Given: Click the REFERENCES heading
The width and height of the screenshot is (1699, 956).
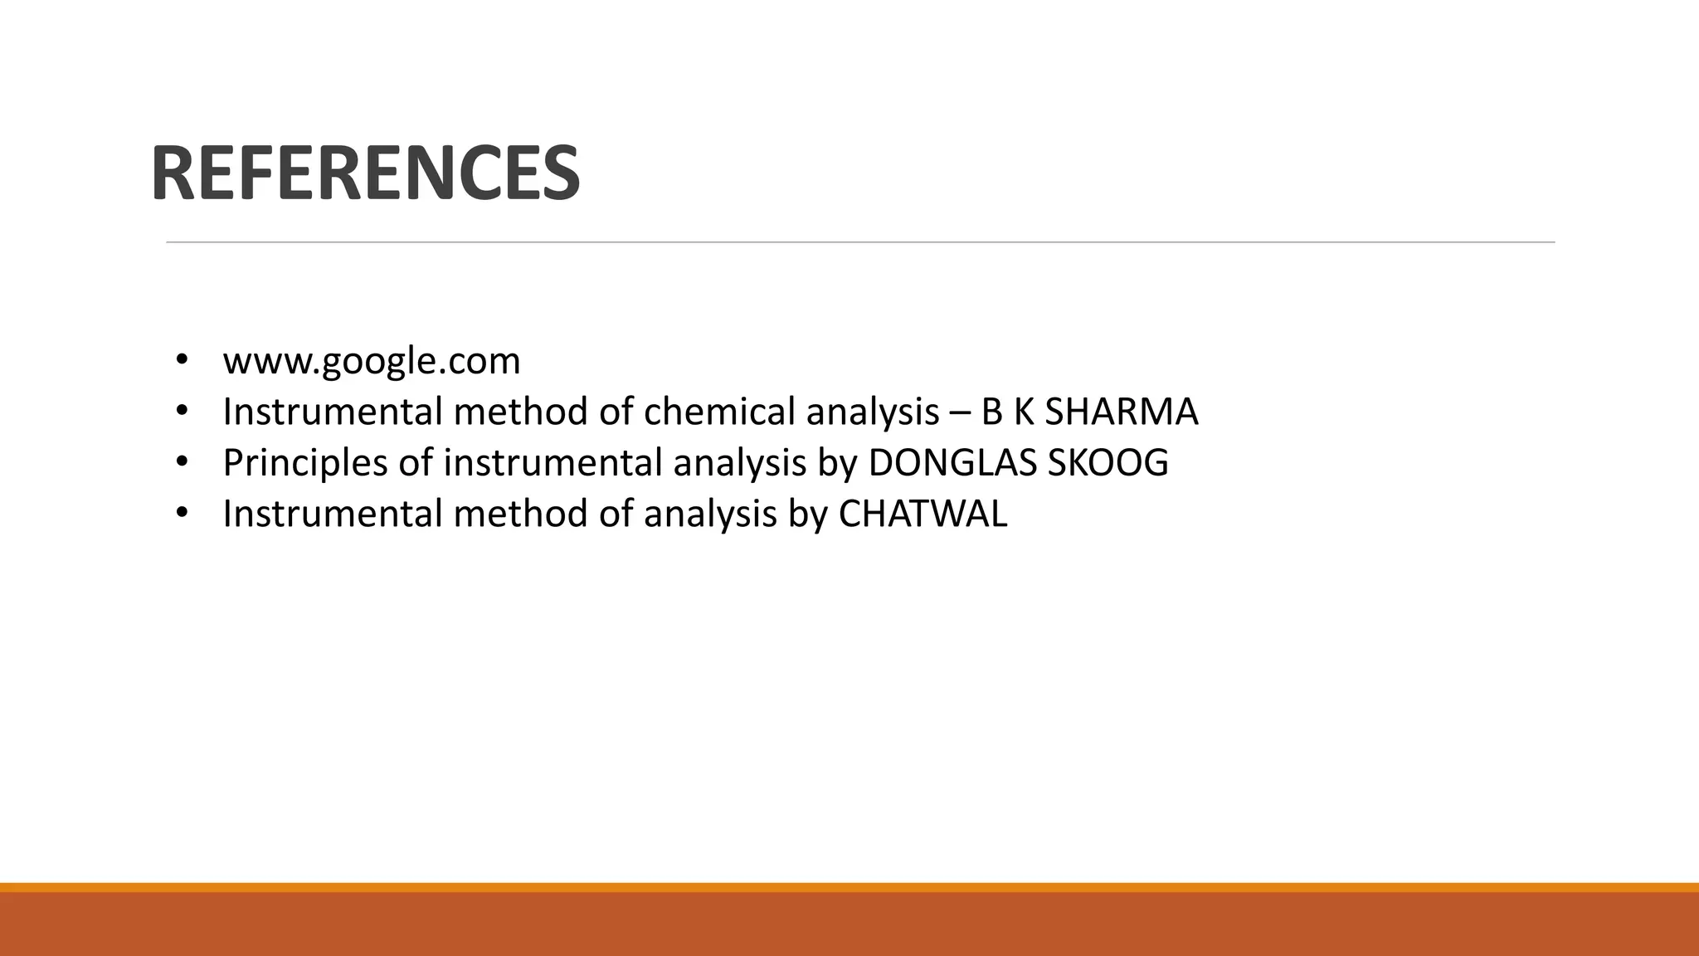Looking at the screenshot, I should pyautogui.click(x=365, y=173).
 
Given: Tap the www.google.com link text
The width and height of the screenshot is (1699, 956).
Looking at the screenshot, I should pyautogui.click(x=372, y=361).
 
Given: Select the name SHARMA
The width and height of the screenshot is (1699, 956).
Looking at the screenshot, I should pyautogui.click(x=1121, y=412).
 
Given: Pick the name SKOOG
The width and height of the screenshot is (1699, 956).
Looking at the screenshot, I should pyautogui.click(x=1108, y=463).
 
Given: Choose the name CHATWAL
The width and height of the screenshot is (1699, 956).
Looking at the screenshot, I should pyautogui.click(x=923, y=514).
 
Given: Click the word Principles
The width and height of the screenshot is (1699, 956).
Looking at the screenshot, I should pyautogui.click(x=305, y=463).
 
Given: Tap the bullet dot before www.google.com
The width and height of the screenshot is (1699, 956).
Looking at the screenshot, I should pyautogui.click(x=182, y=360).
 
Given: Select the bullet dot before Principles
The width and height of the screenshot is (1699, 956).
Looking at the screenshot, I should pyautogui.click(x=182, y=462).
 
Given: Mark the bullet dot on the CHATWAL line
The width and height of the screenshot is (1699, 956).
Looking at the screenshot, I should pyautogui.click(x=182, y=513).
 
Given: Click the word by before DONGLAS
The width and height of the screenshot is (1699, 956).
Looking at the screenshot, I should pyautogui.click(x=837, y=463).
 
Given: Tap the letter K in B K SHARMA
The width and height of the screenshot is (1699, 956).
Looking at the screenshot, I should pyautogui.click(x=1023, y=412).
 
